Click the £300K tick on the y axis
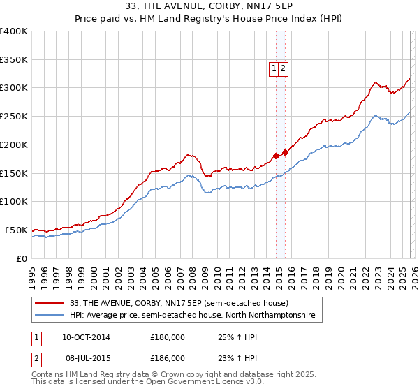[14, 88]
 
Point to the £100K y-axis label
[14, 201]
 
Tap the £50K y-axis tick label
[16, 230]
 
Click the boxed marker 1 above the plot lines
[274, 68]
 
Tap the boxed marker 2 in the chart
[284, 68]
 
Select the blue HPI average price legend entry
[192, 316]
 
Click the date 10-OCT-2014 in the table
[86, 337]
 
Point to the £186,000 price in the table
[168, 357]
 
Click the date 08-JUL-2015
[84, 357]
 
